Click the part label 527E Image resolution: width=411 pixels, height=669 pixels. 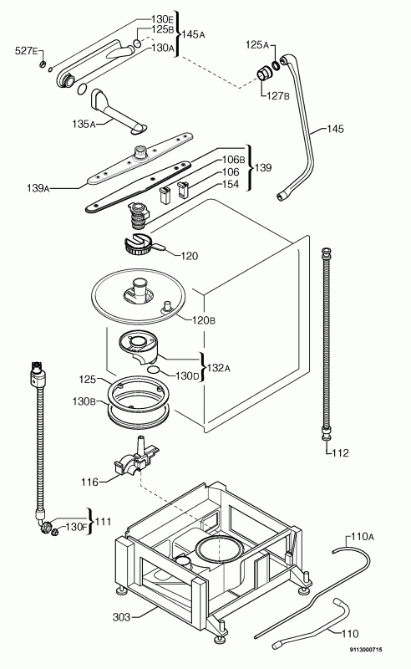pyautogui.click(x=26, y=51)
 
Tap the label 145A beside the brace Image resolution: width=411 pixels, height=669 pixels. pyautogui.click(x=193, y=34)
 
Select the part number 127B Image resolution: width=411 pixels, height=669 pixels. pyautogui.click(x=277, y=95)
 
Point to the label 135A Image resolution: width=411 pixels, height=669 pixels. pyautogui.click(x=84, y=124)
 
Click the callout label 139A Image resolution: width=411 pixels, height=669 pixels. pyautogui.click(x=38, y=187)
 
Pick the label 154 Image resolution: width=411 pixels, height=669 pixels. pyautogui.click(x=231, y=184)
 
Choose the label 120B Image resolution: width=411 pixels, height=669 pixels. pyautogui.click(x=204, y=320)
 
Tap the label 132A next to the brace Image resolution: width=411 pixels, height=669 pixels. pyautogui.click(x=218, y=367)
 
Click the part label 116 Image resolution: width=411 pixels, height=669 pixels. pyautogui.click(x=89, y=483)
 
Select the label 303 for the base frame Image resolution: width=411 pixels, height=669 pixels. pyautogui.click(x=121, y=617)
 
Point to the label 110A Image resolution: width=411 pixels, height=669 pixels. pyautogui.click(x=362, y=537)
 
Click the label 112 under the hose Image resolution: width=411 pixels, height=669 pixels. pyautogui.click(x=340, y=452)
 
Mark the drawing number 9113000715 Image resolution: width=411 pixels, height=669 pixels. pyautogui.click(x=366, y=650)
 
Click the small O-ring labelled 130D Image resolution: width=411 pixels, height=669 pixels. pyautogui.click(x=155, y=370)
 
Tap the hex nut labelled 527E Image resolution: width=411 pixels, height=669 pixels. pyautogui.click(x=43, y=65)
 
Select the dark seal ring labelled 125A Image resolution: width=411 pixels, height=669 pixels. pyautogui.click(x=276, y=65)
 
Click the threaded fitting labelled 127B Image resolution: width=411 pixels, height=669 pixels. pyautogui.click(x=262, y=73)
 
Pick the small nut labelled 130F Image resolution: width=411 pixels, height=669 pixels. pyautogui.click(x=54, y=532)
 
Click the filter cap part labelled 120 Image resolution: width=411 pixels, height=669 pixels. pyautogui.click(x=138, y=245)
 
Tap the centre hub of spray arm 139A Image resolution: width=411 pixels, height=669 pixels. pyautogui.click(x=140, y=151)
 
